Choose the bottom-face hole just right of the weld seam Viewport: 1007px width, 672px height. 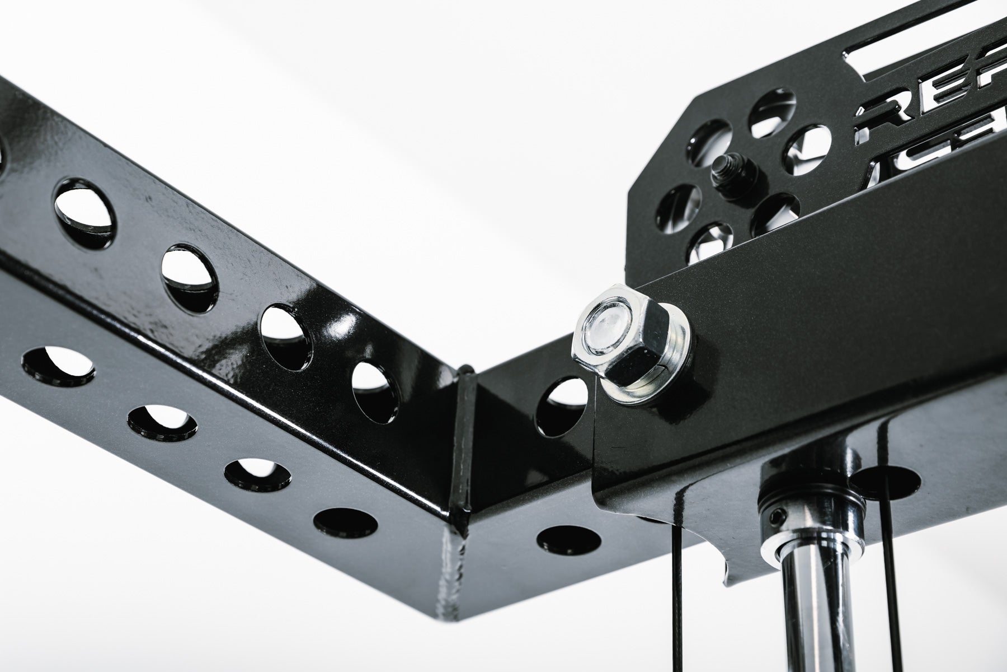(x=568, y=540)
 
